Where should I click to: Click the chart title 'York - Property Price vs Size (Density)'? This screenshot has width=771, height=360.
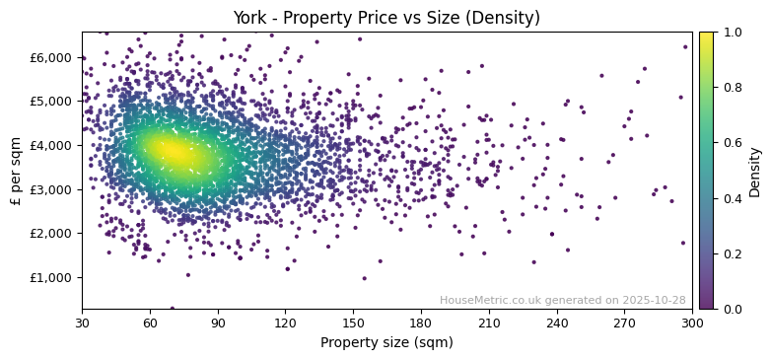coord(385,18)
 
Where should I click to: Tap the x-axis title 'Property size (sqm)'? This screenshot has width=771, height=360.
coord(386,343)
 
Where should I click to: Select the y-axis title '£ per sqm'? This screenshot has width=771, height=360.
coord(16,170)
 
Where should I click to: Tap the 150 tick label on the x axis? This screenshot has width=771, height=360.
coord(353,323)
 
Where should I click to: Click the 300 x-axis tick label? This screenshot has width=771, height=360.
coord(692,323)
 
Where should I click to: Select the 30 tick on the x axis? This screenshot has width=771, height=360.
coord(82,323)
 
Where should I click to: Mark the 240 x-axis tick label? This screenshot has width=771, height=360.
coord(556,323)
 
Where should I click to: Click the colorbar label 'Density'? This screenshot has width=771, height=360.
coord(755,172)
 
